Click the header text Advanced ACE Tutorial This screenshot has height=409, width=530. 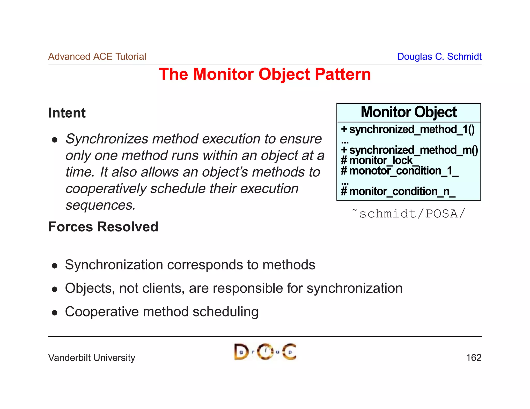coord(97,56)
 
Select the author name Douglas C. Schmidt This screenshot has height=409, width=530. coord(439,56)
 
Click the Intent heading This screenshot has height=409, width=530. coord(67,113)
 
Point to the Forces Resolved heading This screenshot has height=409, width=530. coord(103,227)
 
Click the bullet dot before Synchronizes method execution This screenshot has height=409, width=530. coord(54,140)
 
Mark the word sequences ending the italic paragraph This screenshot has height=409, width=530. coord(100,205)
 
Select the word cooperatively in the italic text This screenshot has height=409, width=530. coord(106,188)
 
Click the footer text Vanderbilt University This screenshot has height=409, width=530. coord(92,358)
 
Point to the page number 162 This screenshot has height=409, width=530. coord(474,358)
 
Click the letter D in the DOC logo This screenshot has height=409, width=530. coord(240,352)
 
